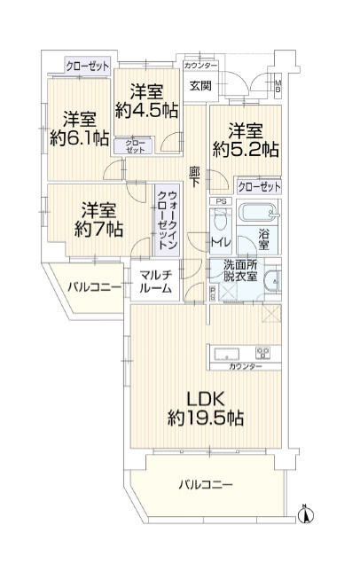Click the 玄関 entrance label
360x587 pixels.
point(200,85)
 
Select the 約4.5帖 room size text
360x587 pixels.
point(147,110)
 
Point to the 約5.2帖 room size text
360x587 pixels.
point(246,149)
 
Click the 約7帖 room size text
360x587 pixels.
point(95,229)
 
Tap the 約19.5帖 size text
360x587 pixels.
point(207,418)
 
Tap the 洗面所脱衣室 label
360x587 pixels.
point(239,269)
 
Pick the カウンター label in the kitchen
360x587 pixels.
point(245,366)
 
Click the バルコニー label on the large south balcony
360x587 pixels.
point(205,484)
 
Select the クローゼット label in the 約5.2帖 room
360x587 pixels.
point(258,186)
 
